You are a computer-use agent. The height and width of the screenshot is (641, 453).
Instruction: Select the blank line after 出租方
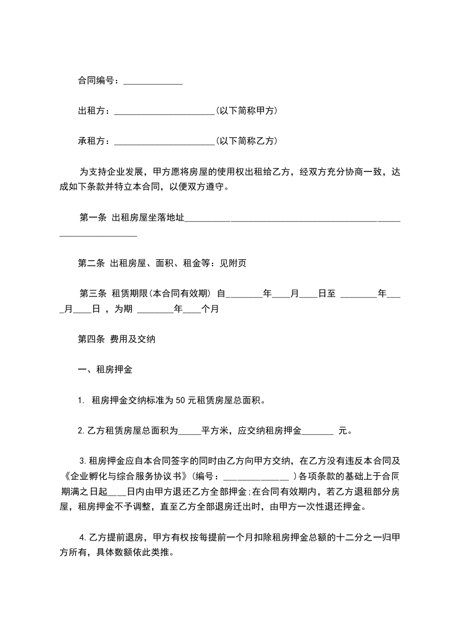pos(165,111)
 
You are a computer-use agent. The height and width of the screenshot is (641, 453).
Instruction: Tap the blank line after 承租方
pos(165,141)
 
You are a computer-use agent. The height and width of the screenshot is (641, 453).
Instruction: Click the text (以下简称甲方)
pos(247,110)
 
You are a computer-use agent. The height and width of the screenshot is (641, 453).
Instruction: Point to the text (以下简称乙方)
pos(247,140)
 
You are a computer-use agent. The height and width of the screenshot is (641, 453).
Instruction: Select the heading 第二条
pos(91,263)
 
